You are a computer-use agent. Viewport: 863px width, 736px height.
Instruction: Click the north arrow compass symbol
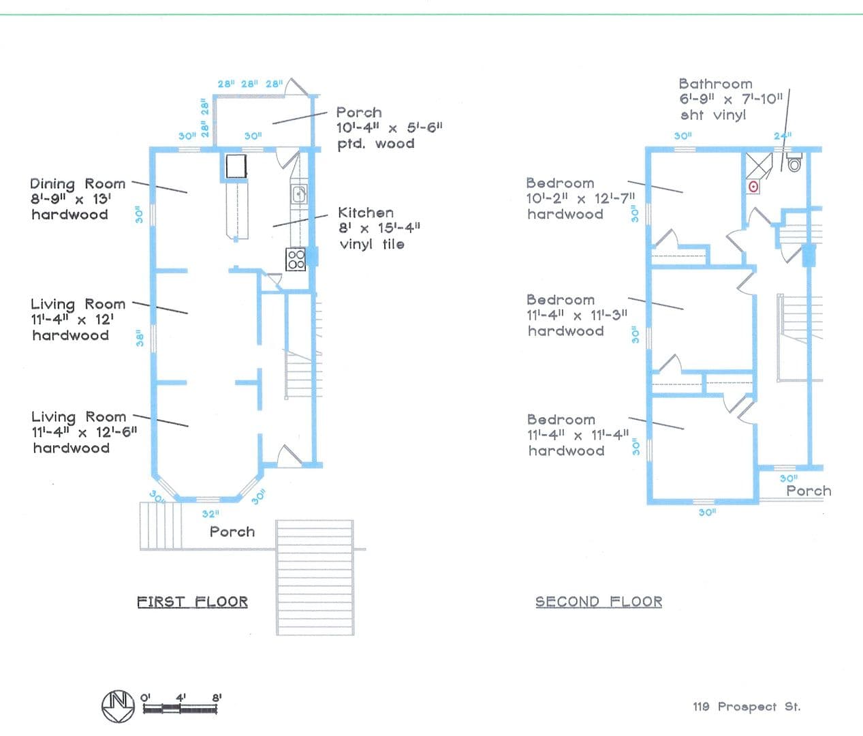(x=118, y=706)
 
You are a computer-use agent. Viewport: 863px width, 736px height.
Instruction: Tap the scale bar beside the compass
(x=180, y=709)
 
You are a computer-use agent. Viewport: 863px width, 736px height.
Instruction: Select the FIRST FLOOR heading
(x=193, y=602)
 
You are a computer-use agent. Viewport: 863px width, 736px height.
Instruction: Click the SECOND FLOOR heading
(x=599, y=602)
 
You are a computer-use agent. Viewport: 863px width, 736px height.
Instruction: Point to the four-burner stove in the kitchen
(x=296, y=259)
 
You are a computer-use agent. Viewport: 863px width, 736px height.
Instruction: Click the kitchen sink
(x=299, y=194)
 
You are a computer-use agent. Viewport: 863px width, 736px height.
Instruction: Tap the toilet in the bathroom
(x=794, y=162)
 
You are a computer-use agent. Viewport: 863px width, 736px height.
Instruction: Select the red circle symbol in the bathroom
(x=753, y=187)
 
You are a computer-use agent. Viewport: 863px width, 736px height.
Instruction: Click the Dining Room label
(x=78, y=184)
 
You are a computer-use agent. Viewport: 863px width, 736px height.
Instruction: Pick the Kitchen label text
(x=366, y=213)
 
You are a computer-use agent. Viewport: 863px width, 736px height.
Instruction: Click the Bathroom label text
(x=716, y=84)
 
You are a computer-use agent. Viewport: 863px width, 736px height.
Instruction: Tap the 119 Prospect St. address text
(x=747, y=707)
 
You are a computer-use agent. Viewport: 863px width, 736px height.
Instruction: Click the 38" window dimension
(x=140, y=338)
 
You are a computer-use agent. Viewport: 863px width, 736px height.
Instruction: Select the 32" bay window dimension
(x=210, y=513)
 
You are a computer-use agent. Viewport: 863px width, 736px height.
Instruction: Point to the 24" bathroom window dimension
(x=783, y=136)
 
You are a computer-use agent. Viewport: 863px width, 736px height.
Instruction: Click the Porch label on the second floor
(x=809, y=491)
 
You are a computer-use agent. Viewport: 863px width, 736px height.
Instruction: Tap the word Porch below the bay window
(x=232, y=532)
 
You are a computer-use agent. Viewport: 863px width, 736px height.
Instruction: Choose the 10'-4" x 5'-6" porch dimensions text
(x=390, y=127)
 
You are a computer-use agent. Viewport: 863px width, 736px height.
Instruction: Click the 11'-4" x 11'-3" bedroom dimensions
(x=577, y=316)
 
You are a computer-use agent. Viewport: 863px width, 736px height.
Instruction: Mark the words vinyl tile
(x=372, y=244)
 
